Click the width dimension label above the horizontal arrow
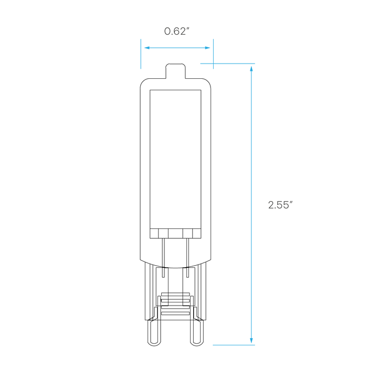click(x=176, y=31)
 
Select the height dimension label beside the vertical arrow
click(x=280, y=205)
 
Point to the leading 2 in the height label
click(x=271, y=205)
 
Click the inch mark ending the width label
click(x=188, y=29)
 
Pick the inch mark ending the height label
click(x=291, y=202)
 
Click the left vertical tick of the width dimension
click(x=141, y=54)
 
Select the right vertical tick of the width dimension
click(x=213, y=54)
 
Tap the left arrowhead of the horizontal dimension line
click(x=146, y=48)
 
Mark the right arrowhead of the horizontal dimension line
click(x=208, y=48)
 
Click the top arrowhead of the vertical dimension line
click(x=251, y=69)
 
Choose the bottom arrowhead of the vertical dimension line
click(x=251, y=340)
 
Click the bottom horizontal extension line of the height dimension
click(x=234, y=345)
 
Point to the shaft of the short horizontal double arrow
click(x=177, y=48)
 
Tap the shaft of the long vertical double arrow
click(x=251, y=205)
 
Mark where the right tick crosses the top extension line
click(x=213, y=64)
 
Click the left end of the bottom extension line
click(x=213, y=345)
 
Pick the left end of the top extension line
click(x=200, y=64)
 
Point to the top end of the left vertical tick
click(x=141, y=39)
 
